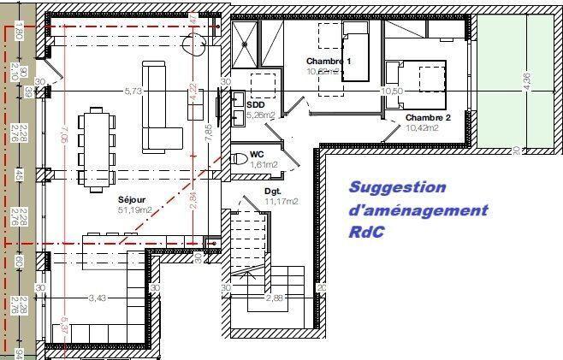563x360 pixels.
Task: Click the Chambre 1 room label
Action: [329, 62]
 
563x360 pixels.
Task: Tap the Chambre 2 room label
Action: [428, 118]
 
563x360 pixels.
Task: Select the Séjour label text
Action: [133, 199]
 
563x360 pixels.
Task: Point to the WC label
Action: [257, 155]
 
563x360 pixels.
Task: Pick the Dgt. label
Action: [273, 192]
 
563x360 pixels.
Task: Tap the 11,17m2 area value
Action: [281, 202]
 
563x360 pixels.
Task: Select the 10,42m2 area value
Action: [422, 128]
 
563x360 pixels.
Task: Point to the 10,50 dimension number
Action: [392, 91]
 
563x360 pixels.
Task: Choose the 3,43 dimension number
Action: [99, 298]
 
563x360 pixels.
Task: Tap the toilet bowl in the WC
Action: [237, 158]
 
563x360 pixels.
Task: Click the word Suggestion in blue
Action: [397, 187]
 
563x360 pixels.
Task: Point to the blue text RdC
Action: [366, 232]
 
